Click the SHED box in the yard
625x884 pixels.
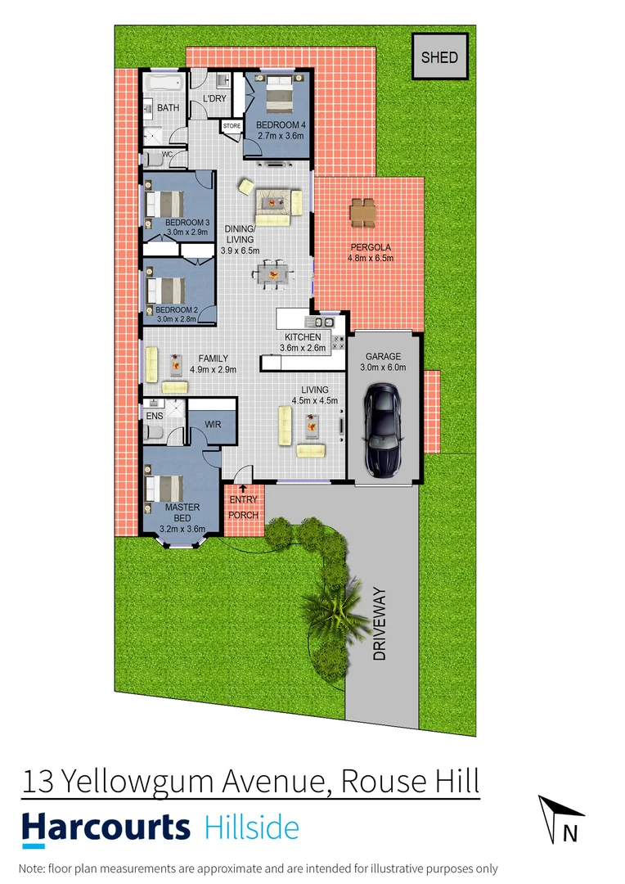point(439,57)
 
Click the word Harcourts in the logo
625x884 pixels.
point(106,828)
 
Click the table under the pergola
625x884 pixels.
point(362,214)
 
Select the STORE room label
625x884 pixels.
point(232,126)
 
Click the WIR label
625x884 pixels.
point(213,425)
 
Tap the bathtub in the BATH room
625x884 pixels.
point(166,84)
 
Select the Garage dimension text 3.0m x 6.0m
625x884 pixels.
point(383,368)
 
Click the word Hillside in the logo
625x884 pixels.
point(250,828)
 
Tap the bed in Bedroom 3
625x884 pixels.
point(165,202)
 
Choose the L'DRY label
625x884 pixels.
point(214,99)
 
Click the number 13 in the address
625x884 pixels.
point(40,782)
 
